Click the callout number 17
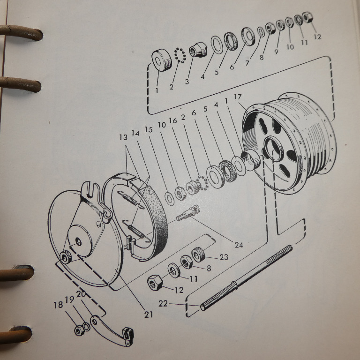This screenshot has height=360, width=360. point(238,97)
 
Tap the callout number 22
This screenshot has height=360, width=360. point(163,304)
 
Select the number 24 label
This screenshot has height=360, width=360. point(239,245)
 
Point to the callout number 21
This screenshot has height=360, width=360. point(149,315)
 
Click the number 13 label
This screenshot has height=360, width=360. point(123,137)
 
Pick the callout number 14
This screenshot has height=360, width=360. point(135,133)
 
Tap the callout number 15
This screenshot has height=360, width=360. point(149,129)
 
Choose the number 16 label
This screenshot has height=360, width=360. point(173,120)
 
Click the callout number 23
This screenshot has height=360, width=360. point(224,257)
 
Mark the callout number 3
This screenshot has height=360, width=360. point(187,82)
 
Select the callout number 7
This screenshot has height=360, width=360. point(247,63)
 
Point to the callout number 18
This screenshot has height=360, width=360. point(58,305)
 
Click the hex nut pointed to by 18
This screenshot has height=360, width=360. point(79,330)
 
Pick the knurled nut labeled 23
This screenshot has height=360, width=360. point(198,255)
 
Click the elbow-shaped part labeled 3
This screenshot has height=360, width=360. point(198,50)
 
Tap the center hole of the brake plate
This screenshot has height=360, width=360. point(79,241)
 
